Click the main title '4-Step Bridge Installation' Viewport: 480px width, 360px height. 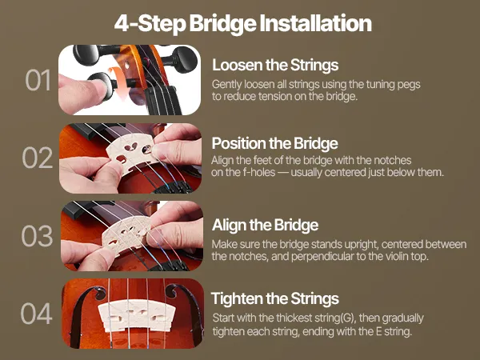pyautogui.click(x=242, y=24)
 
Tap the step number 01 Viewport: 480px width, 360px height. pyautogui.click(x=38, y=80)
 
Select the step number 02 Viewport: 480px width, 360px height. pyautogui.click(x=38, y=158)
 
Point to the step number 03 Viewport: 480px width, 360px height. pyautogui.click(x=37, y=236)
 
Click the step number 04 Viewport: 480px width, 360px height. pyautogui.click(x=37, y=314)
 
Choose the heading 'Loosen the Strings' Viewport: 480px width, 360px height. pyautogui.click(x=275, y=66)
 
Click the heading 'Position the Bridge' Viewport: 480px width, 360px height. pyautogui.click(x=274, y=143)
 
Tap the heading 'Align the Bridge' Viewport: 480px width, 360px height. pyautogui.click(x=265, y=225)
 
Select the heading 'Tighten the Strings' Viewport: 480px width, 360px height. pyautogui.click(x=275, y=298)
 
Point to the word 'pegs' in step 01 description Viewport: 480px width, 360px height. pyautogui.click(x=409, y=85)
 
